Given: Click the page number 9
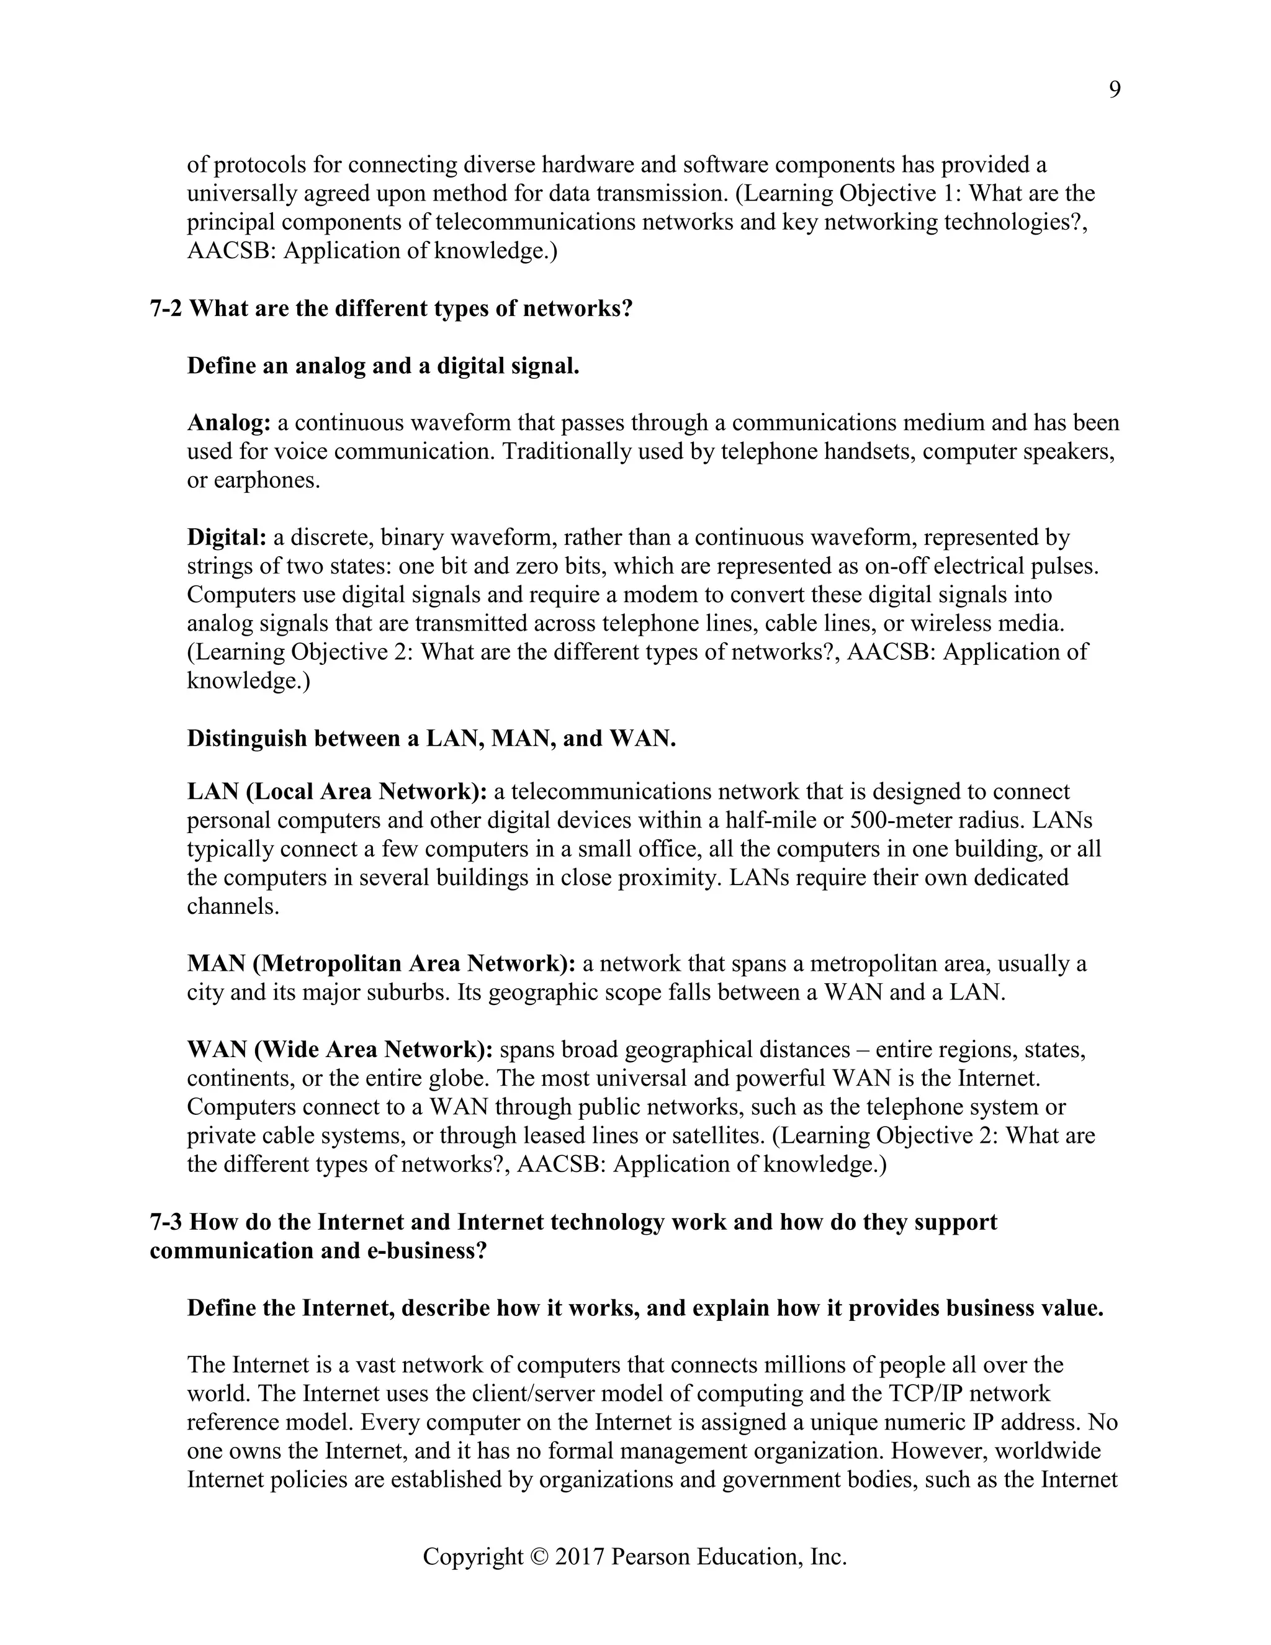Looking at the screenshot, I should (1115, 91).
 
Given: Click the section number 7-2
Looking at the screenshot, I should (166, 309).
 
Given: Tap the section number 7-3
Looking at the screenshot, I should (166, 1222).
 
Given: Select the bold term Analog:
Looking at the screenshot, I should (229, 423).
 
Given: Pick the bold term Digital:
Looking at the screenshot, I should (227, 538).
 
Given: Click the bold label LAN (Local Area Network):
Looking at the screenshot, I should (336, 791).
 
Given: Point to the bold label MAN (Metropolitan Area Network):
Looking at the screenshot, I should (381, 964).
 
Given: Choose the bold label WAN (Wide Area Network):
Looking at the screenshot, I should (339, 1050).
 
